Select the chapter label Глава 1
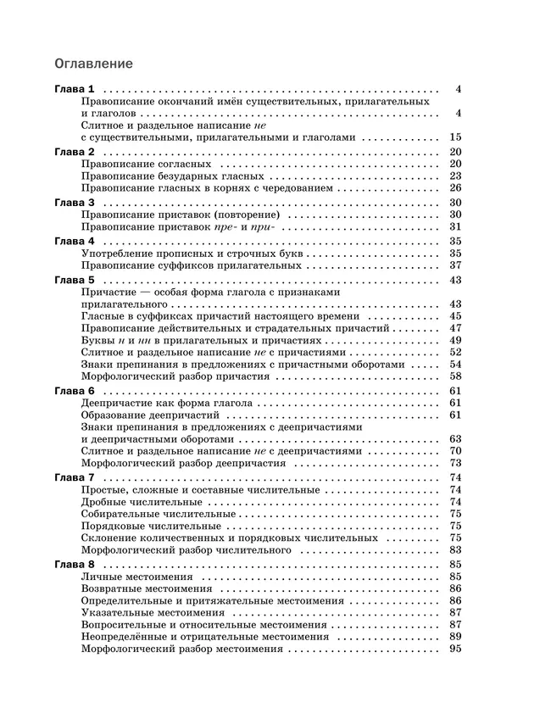point(75,89)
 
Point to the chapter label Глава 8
point(75,564)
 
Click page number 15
point(454,137)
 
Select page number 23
point(454,176)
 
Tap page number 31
point(454,227)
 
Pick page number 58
point(454,376)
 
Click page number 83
point(454,550)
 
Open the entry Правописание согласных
point(146,164)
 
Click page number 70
point(454,451)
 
